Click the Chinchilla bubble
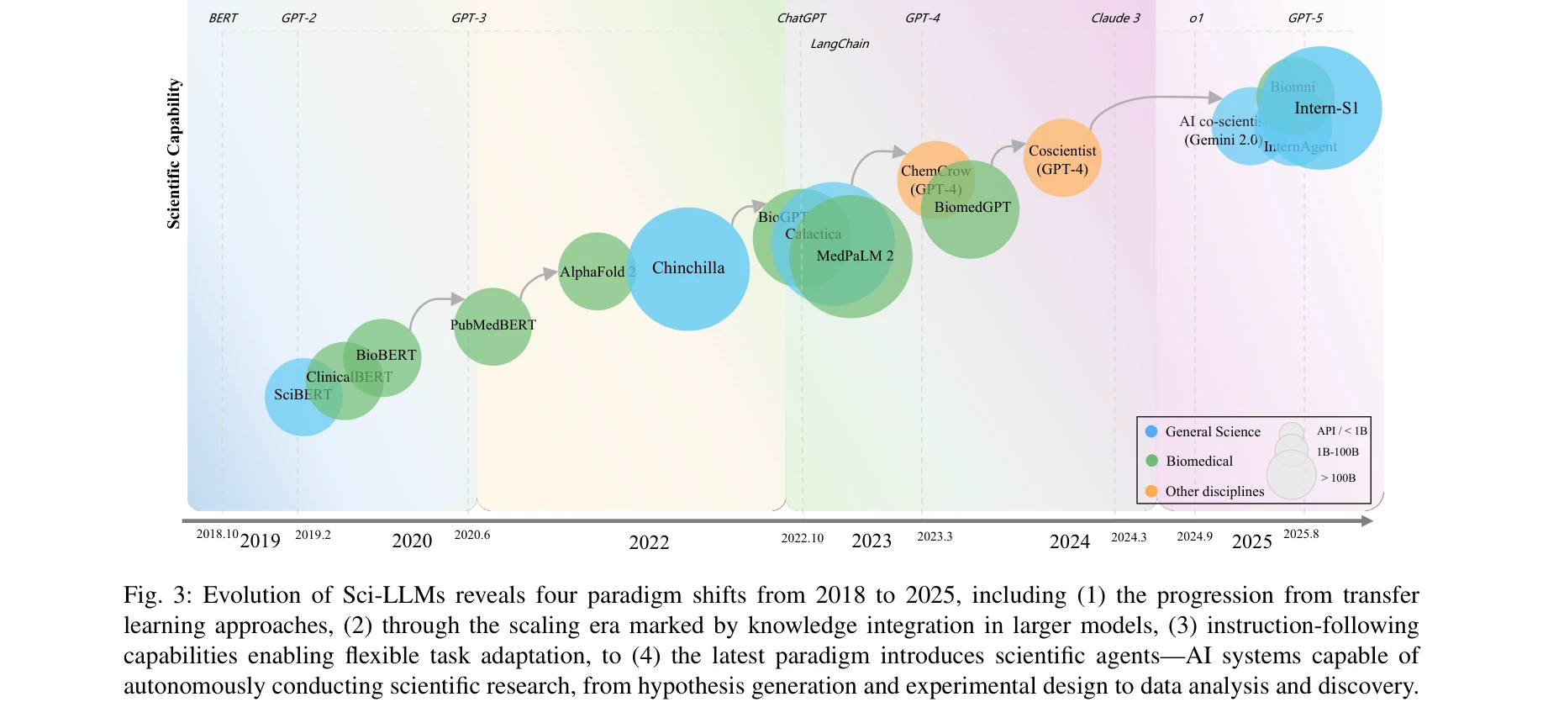(x=687, y=269)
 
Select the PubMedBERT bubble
(x=492, y=326)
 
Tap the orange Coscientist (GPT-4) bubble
(x=1062, y=159)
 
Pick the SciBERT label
(x=303, y=395)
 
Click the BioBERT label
(x=386, y=356)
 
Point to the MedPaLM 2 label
(x=855, y=256)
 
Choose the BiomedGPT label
(x=972, y=208)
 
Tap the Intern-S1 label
(x=1326, y=108)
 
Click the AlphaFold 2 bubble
(x=596, y=272)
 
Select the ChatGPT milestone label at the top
(x=801, y=18)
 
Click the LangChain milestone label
(x=840, y=44)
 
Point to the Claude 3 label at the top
(x=1115, y=18)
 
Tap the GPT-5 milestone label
(x=1305, y=18)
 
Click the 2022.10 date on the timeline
(x=803, y=538)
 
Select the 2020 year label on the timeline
(x=412, y=541)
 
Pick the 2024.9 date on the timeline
(x=1194, y=537)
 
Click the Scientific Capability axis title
(x=174, y=154)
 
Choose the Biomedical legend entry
(x=1198, y=462)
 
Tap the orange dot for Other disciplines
(x=1151, y=491)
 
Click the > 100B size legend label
(x=1338, y=478)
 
